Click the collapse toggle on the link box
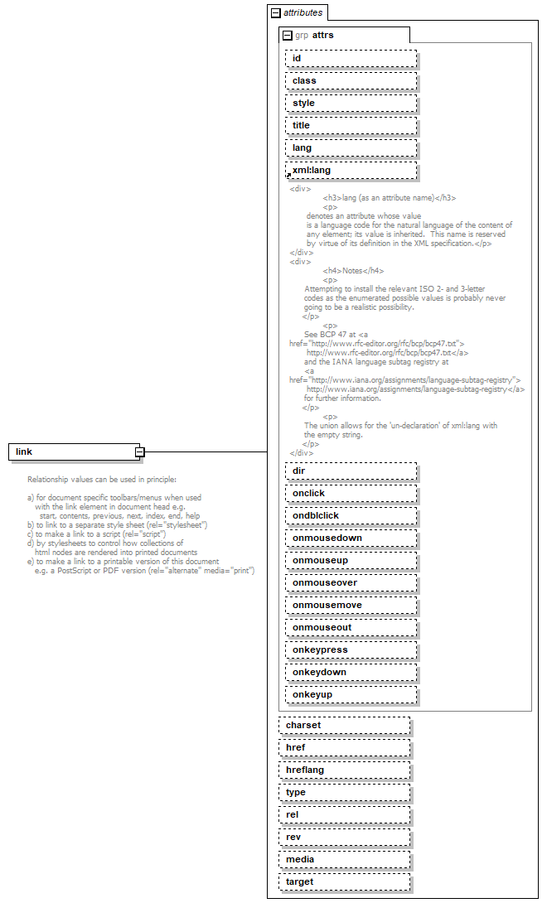point(140,451)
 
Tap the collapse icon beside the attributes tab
point(276,12)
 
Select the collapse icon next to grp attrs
point(288,36)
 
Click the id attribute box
point(351,58)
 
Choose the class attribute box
point(351,80)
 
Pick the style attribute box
point(351,103)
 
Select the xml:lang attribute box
point(351,170)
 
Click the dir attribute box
point(351,471)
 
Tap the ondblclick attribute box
point(351,515)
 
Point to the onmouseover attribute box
point(351,582)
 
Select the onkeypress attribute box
point(351,649)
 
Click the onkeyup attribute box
point(351,694)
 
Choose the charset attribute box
point(344,725)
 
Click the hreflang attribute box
point(344,770)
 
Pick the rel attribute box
point(344,814)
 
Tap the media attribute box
point(344,859)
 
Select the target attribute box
point(344,881)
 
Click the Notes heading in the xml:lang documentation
point(353,270)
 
